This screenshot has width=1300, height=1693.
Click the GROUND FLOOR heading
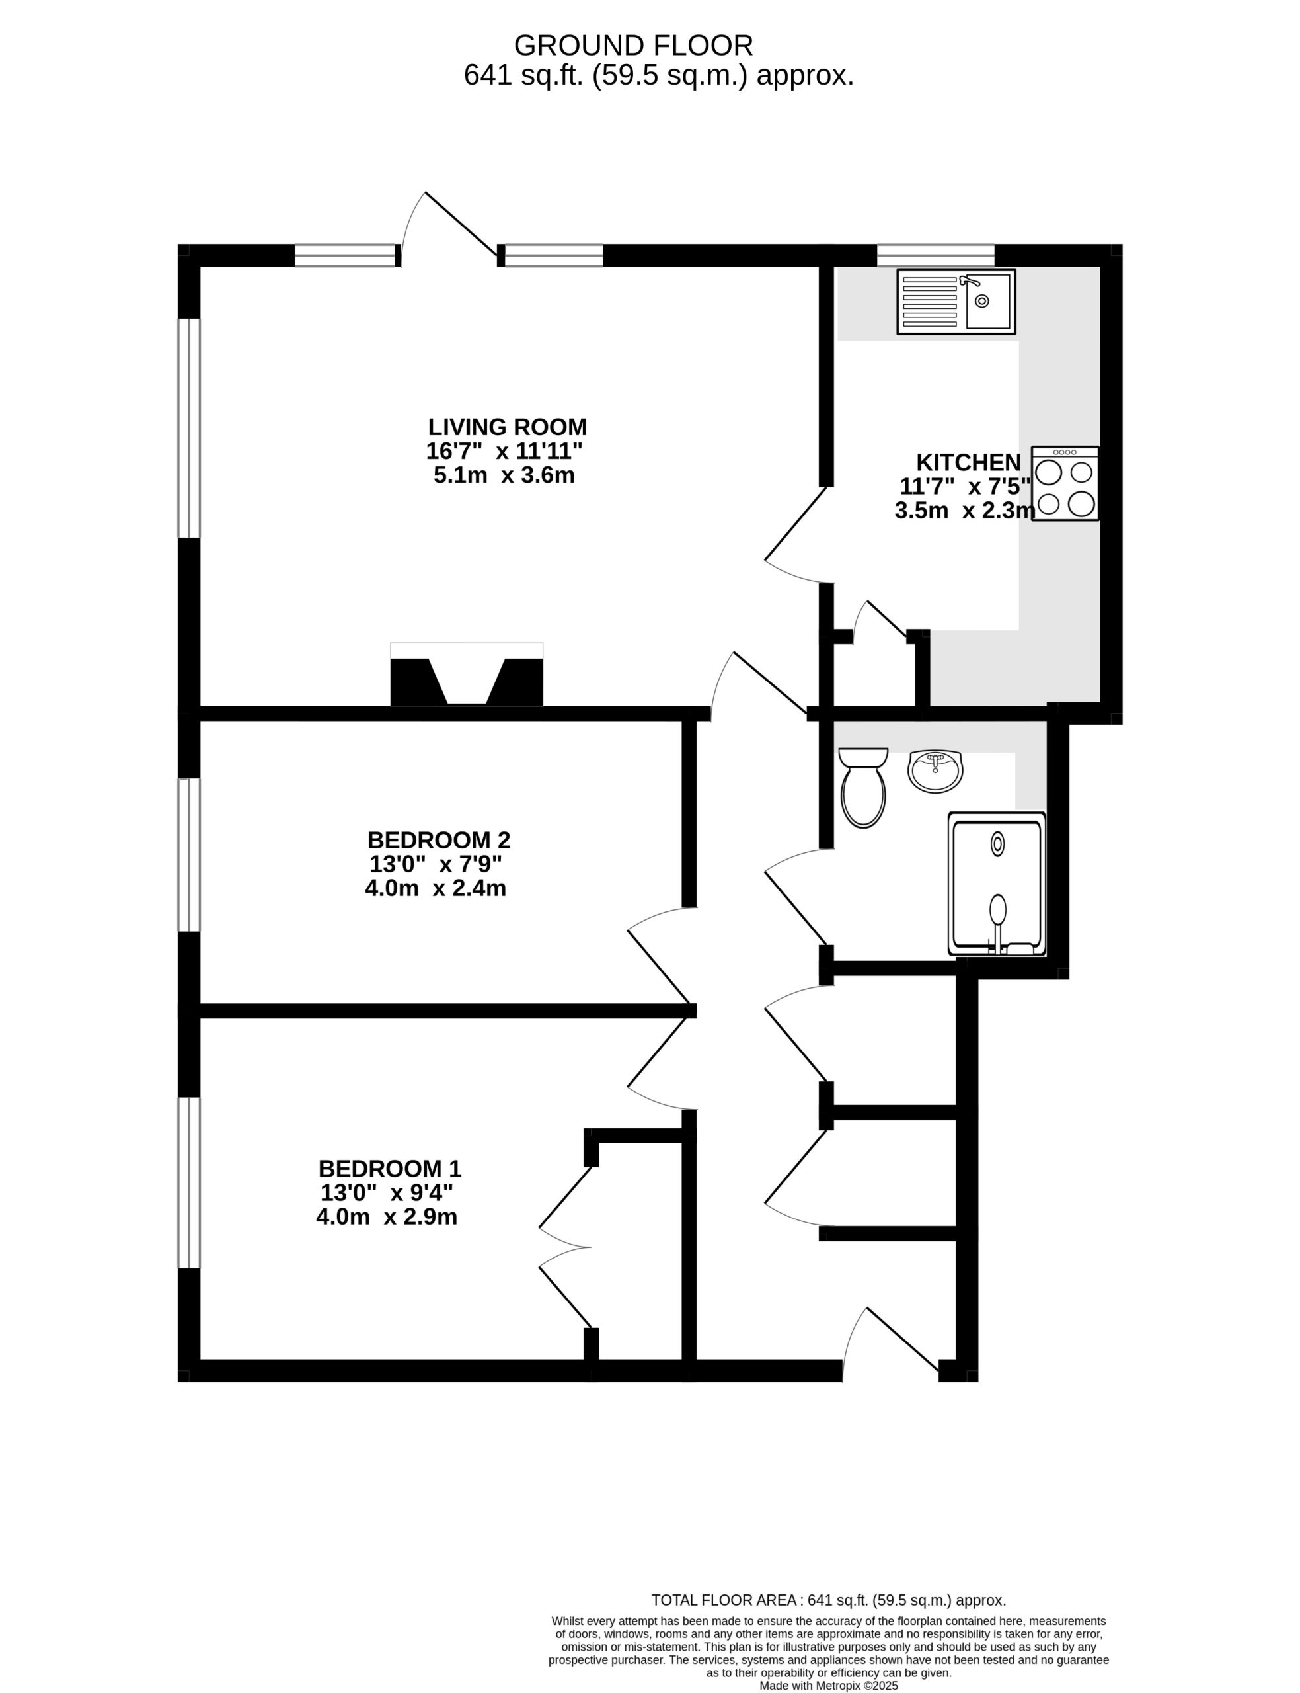pos(633,46)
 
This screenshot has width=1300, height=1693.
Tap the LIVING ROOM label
pos(508,427)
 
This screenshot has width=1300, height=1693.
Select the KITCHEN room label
pos(968,462)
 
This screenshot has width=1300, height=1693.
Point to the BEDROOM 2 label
pos(439,840)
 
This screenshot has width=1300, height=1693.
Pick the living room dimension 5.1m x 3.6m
pos(504,475)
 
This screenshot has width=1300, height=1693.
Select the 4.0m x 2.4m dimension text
pos(436,888)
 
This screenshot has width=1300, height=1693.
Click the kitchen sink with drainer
pos(956,302)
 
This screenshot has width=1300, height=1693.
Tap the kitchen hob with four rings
pos(1065,484)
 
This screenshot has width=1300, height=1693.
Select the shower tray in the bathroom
pos(997,884)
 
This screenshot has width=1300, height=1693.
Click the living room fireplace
pos(467,675)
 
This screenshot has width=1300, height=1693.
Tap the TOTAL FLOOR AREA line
pos(829,1601)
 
